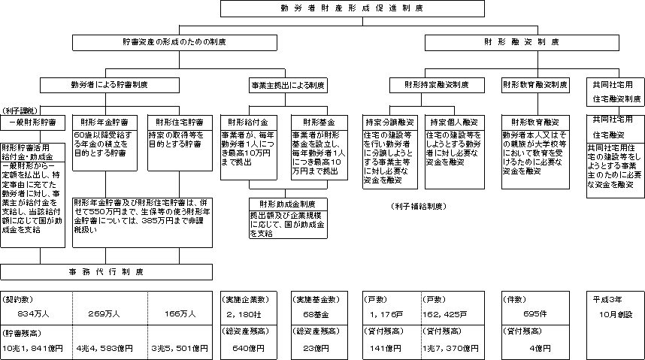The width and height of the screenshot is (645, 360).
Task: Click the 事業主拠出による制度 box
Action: [286, 85]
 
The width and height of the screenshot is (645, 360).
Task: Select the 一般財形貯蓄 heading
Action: [33, 122]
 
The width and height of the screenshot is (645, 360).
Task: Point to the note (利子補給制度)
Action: [419, 205]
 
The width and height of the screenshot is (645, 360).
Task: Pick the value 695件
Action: [533, 313]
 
